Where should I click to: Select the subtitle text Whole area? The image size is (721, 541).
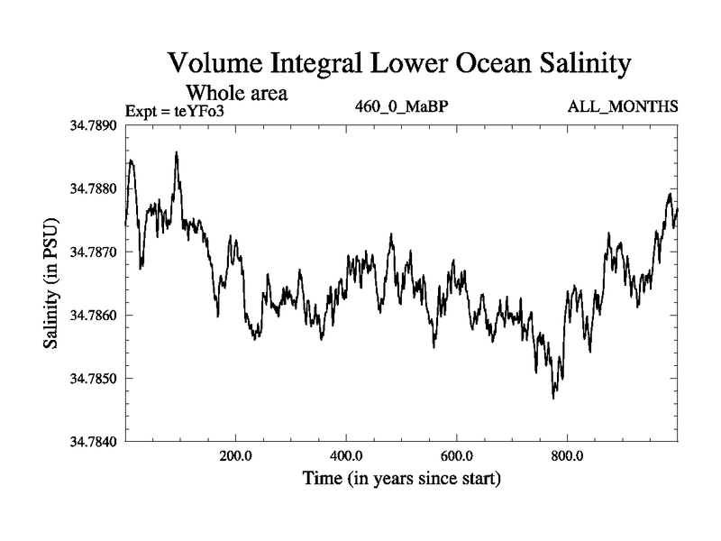[236, 92]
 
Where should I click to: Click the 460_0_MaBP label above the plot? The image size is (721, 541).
[403, 107]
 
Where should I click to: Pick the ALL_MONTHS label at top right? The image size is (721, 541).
[623, 107]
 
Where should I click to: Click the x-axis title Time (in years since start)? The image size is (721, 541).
[401, 478]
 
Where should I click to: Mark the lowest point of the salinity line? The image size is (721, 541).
[553, 398]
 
